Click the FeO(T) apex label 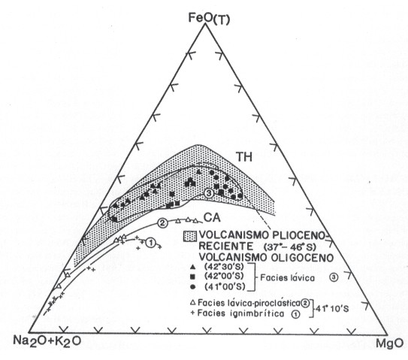point(209,19)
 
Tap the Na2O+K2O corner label point(47,341)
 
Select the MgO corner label point(389,343)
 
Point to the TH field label point(243,157)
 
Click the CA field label point(212,218)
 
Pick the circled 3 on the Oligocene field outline point(209,193)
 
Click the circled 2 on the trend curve point(162,222)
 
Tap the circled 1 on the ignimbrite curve point(150,243)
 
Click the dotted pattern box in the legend point(190,236)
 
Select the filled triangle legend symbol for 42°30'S point(192,268)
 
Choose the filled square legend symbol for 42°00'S point(192,276)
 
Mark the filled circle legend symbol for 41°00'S point(192,287)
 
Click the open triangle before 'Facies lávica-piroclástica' point(193,302)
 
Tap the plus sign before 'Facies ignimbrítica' point(193,313)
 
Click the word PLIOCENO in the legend point(299,235)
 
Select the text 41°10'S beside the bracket point(332,309)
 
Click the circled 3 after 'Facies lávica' point(334,277)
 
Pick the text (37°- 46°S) point(289,246)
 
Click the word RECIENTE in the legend point(226,247)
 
